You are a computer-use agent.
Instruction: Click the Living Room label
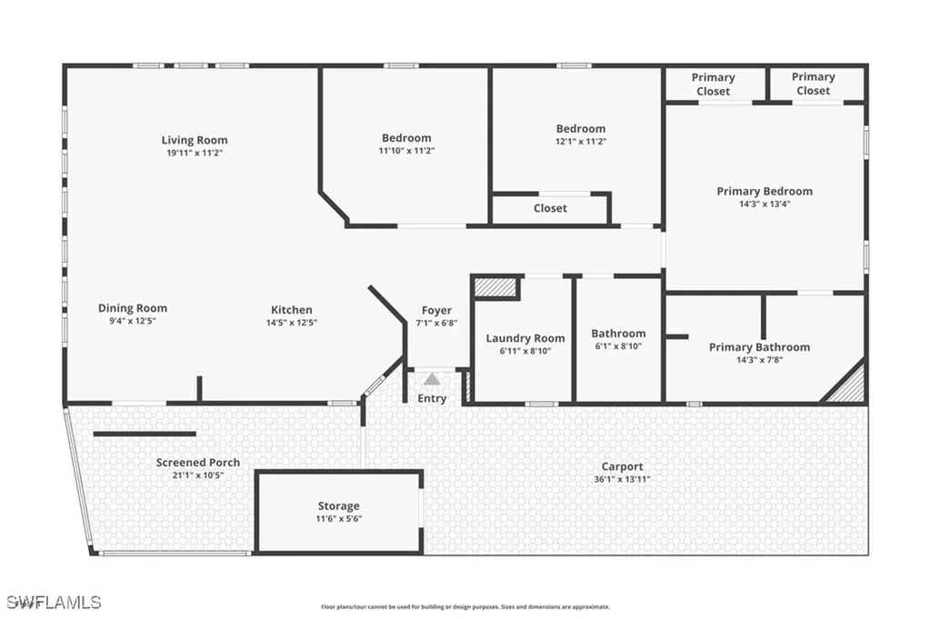click(195, 140)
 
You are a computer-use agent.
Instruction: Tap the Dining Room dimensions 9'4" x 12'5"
click(132, 322)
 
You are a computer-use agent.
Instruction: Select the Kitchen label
click(291, 310)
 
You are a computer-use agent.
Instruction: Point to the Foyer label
click(436, 311)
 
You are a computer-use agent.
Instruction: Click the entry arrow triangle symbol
click(433, 379)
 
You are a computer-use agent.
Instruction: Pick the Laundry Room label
click(525, 338)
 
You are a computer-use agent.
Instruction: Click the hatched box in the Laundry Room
click(496, 288)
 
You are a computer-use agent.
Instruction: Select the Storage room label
click(338, 506)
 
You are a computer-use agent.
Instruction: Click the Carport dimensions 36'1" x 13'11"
click(622, 479)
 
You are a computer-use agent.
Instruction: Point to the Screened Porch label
click(197, 463)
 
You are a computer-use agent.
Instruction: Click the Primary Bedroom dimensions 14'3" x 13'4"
click(764, 205)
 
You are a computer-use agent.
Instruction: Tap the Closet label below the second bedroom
click(550, 208)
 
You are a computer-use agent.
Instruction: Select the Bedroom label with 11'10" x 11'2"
click(406, 138)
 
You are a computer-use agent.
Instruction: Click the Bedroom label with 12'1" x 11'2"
click(581, 129)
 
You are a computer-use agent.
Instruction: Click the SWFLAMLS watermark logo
click(52, 602)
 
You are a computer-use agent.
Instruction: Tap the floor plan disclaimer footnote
click(465, 607)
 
